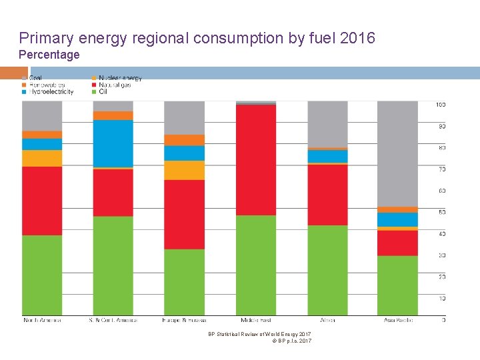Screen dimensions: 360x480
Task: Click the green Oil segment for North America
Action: pyautogui.click(x=42, y=275)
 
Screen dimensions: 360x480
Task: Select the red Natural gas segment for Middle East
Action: pyautogui.click(x=256, y=160)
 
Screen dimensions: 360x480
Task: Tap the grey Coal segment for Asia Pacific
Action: pyautogui.click(x=397, y=153)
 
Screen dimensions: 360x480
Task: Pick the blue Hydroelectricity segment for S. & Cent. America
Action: pyautogui.click(x=113, y=143)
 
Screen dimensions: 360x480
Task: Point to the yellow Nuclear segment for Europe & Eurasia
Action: pyautogui.click(x=184, y=170)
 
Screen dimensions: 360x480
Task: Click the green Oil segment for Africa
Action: pyautogui.click(x=327, y=270)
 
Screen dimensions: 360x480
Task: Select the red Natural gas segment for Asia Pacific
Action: pyautogui.click(x=397, y=243)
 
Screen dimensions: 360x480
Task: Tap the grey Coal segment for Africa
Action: pyautogui.click(x=327, y=124)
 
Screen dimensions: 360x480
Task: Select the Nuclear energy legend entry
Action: pyautogui.click(x=116, y=79)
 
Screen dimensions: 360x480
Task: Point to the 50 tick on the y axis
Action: pyautogui.click(x=440, y=212)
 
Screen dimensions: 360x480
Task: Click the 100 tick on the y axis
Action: pyautogui.click(x=440, y=105)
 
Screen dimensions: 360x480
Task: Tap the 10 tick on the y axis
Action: pyautogui.click(x=441, y=298)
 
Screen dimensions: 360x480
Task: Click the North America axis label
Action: pyautogui.click(x=42, y=321)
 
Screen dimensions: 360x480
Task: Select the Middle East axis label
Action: pyautogui.click(x=256, y=321)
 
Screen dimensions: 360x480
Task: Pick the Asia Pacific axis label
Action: pyautogui.click(x=397, y=321)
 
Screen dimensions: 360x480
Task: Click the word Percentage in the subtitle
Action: pyautogui.click(x=49, y=55)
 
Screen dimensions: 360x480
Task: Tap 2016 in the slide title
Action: pyautogui.click(x=357, y=38)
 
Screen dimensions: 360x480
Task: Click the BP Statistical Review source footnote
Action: pyautogui.click(x=259, y=334)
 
